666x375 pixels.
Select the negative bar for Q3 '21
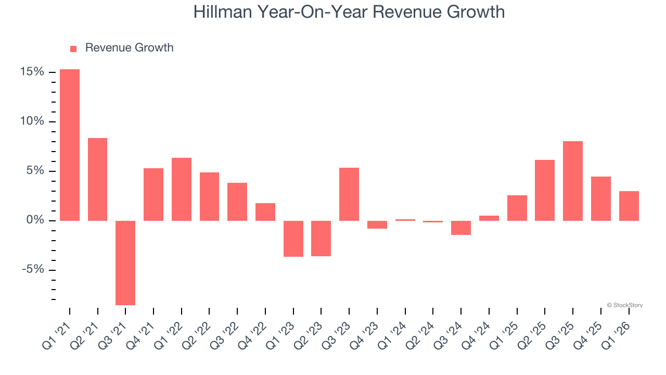[125, 262]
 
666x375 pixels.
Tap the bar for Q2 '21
[97, 179]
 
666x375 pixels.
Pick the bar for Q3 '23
[349, 194]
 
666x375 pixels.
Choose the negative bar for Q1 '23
[293, 239]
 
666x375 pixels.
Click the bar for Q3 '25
[572, 181]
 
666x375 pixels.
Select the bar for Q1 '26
[629, 206]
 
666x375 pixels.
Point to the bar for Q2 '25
[545, 190]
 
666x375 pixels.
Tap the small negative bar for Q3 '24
[461, 228]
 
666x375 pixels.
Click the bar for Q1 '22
[182, 189]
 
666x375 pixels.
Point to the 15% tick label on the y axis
[32, 72]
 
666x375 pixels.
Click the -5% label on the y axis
[32, 270]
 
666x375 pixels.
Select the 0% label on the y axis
[35, 220]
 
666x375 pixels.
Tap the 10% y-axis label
[32, 121]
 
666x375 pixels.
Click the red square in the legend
[73, 48]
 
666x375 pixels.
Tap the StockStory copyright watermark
[624, 305]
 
